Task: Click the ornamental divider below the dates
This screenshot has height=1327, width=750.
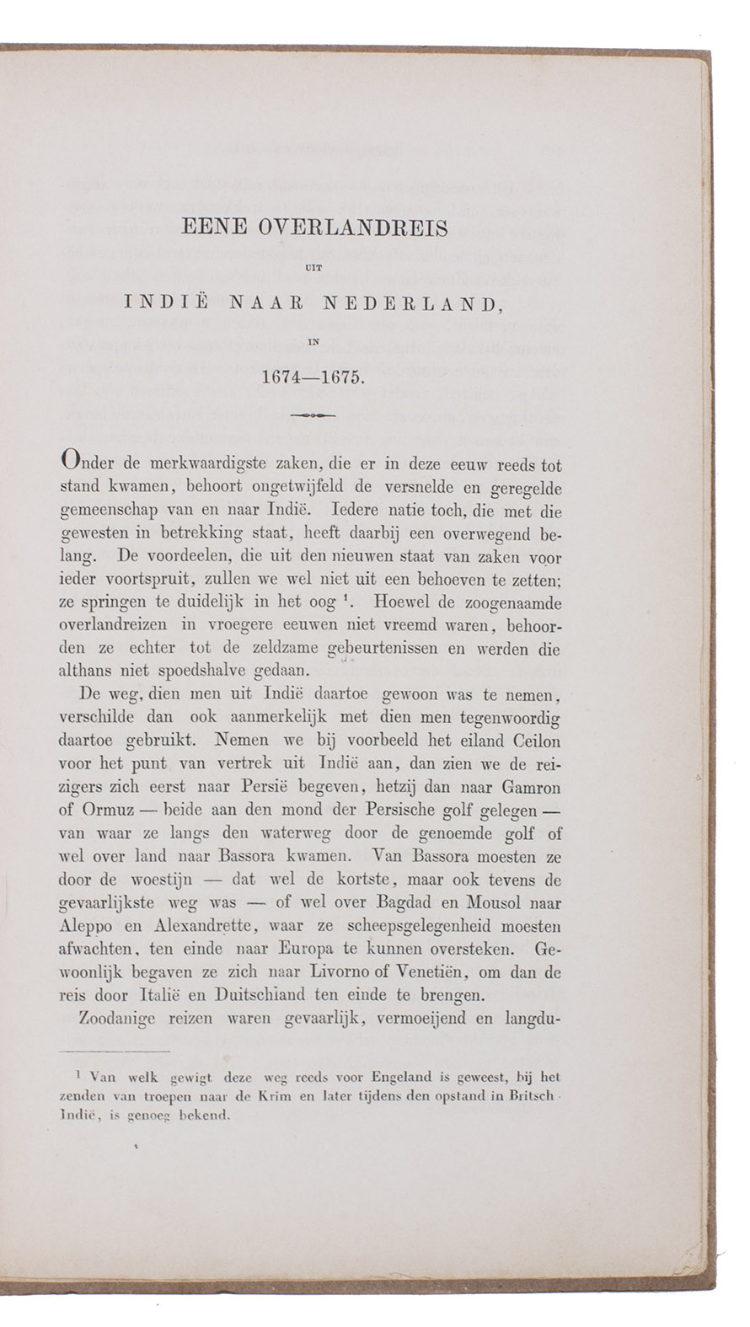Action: (x=313, y=415)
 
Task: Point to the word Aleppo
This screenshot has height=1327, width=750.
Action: (x=88, y=926)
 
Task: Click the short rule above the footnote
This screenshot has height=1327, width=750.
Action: (x=115, y=1050)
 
